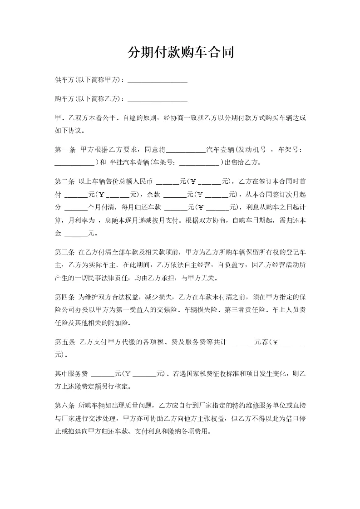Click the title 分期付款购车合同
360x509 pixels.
click(x=180, y=53)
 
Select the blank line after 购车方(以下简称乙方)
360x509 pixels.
click(x=158, y=98)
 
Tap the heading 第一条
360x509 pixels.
click(x=64, y=149)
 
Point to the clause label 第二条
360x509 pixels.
click(x=64, y=182)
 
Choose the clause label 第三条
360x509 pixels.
click(x=64, y=252)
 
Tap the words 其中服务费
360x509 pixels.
click(x=71, y=374)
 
